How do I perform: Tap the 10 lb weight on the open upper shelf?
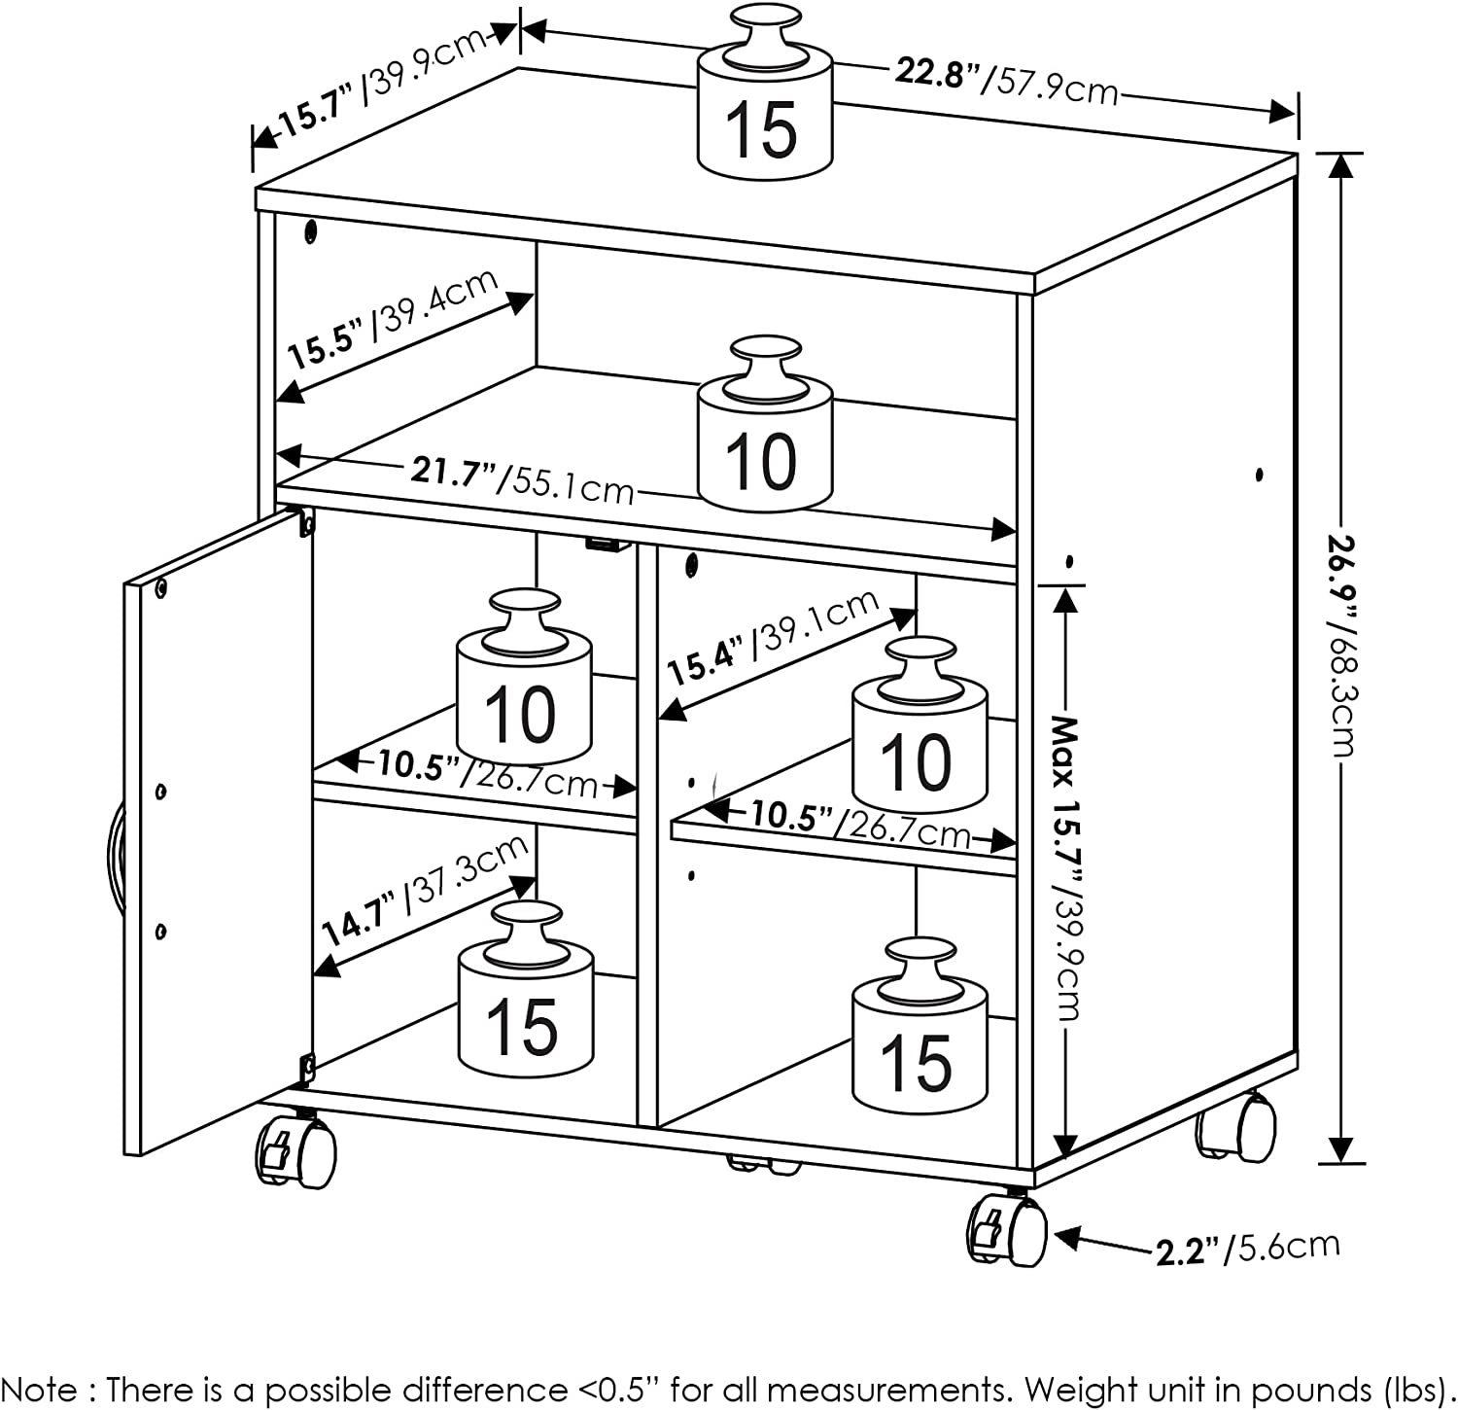point(766,423)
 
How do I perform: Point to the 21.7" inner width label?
point(521,478)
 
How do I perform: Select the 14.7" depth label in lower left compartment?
point(425,890)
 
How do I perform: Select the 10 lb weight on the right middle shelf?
point(920,724)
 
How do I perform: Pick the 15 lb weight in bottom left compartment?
point(525,988)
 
